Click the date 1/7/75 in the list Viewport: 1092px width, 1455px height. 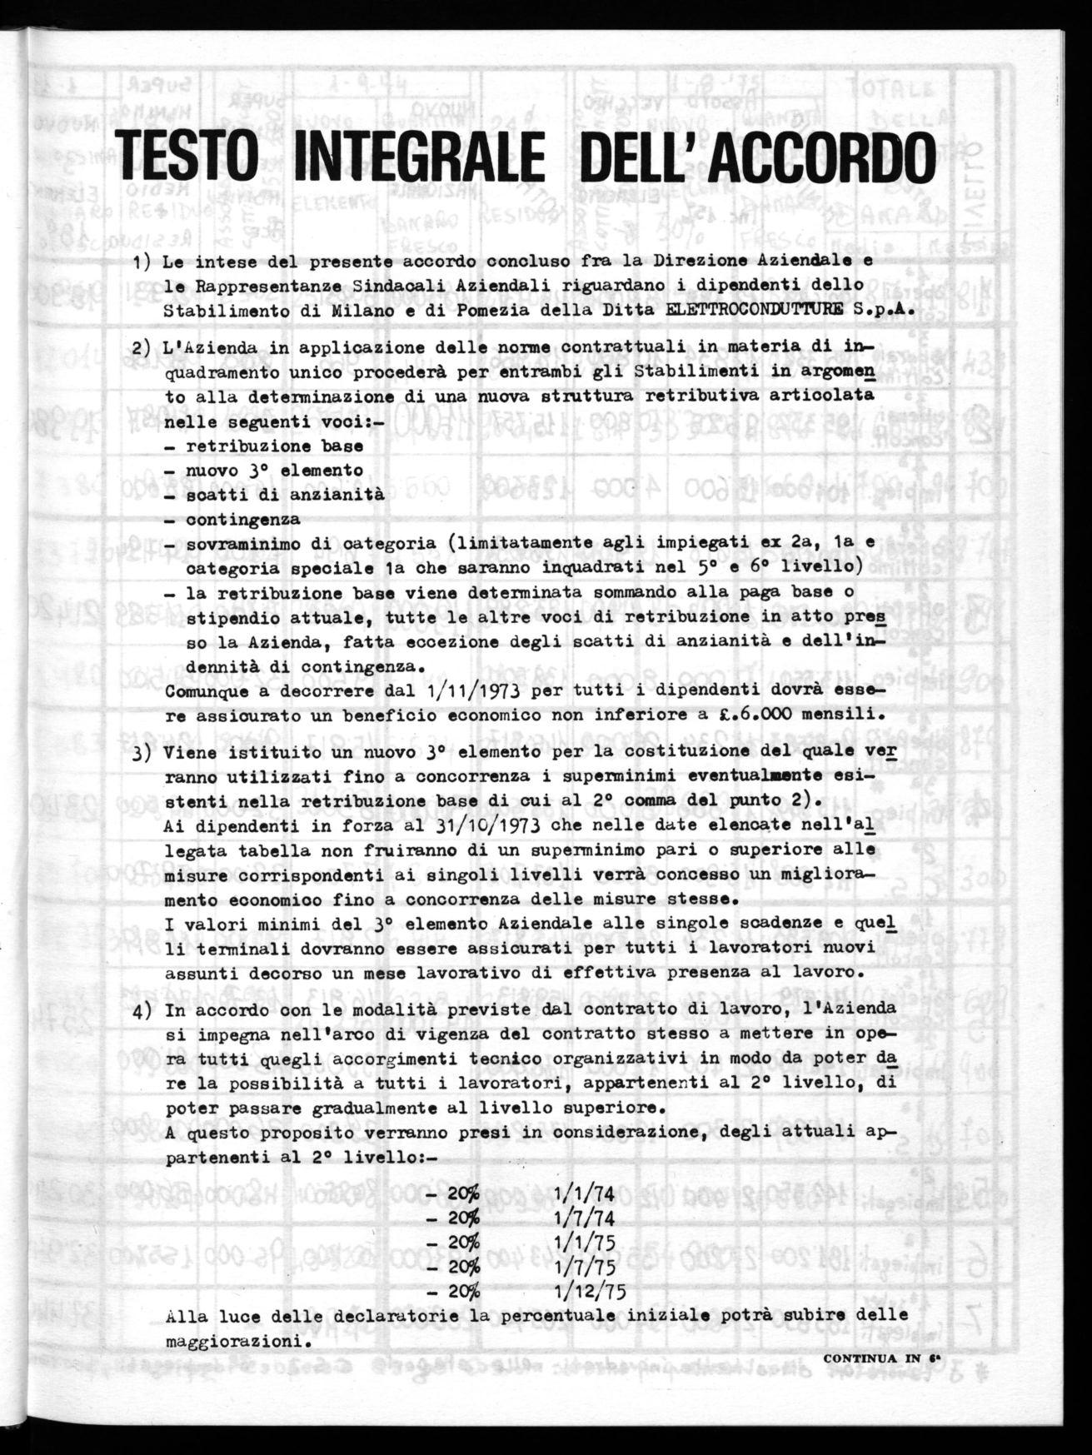point(584,1268)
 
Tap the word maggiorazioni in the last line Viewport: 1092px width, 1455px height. point(232,1343)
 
